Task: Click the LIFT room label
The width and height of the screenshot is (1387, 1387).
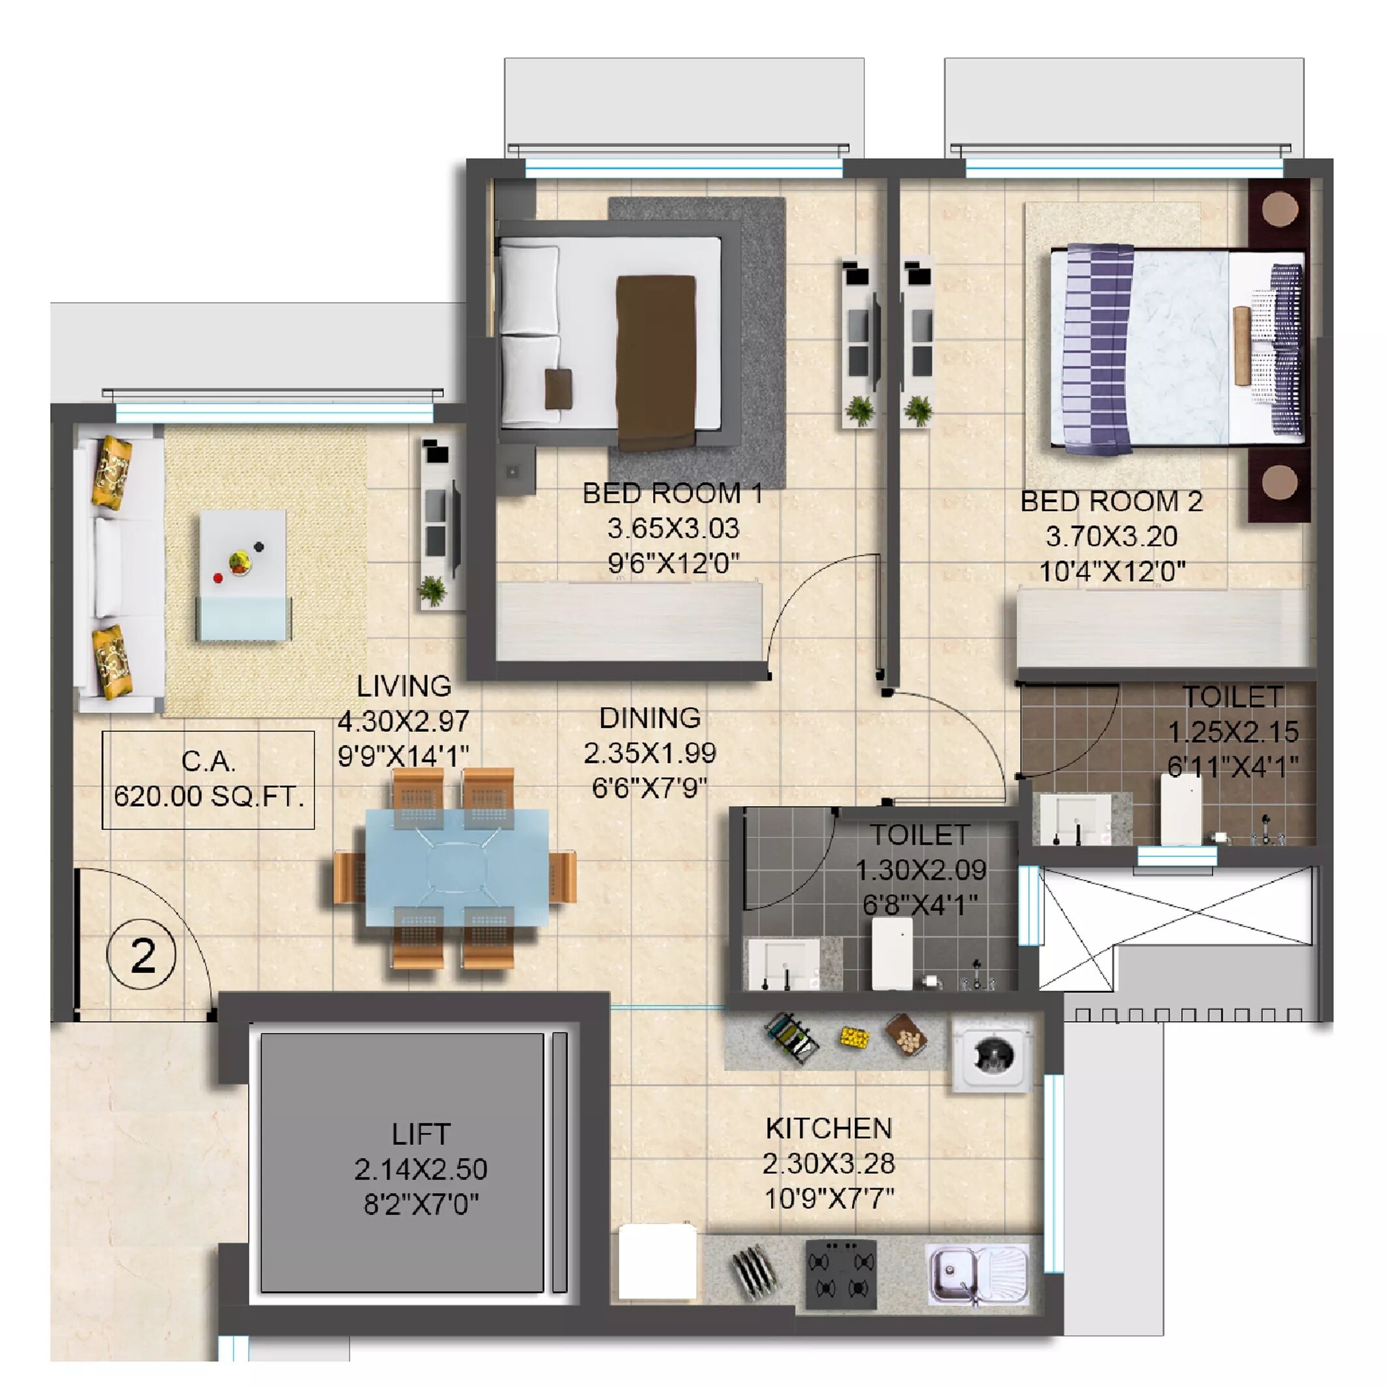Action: (421, 1134)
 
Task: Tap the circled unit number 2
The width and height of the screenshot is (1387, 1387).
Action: (141, 955)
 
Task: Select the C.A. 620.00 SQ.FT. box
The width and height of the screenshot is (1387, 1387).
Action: (208, 779)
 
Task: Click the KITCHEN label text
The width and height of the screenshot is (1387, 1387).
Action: (828, 1128)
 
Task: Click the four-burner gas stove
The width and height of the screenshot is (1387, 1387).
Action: (841, 1274)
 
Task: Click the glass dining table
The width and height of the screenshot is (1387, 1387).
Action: (456, 867)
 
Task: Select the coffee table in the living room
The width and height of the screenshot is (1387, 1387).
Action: (244, 574)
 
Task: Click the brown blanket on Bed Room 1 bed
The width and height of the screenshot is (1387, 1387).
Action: (656, 361)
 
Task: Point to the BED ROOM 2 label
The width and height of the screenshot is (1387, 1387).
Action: (1112, 501)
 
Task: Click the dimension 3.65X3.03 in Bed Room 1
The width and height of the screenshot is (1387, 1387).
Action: (673, 528)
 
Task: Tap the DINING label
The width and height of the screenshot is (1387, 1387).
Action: (650, 718)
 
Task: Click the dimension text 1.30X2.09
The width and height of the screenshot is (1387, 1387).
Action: (920, 870)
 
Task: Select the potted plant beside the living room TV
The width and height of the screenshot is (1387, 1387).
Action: (432, 590)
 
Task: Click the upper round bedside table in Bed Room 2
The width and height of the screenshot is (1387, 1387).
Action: (1280, 210)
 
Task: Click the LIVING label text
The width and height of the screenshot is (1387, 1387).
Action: (404, 686)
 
